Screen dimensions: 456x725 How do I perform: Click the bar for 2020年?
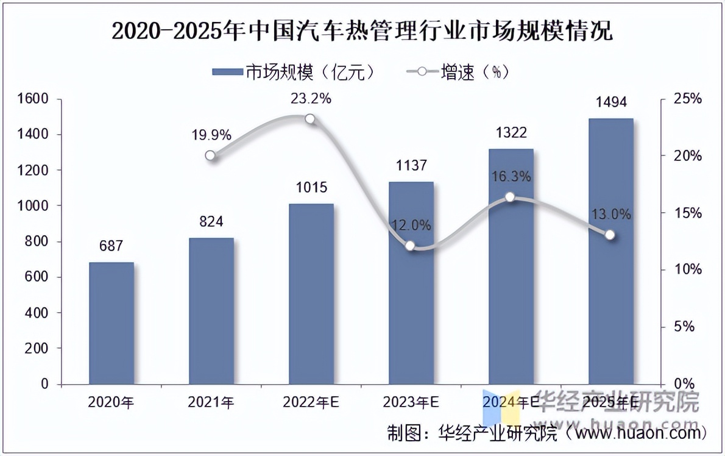[x=111, y=323]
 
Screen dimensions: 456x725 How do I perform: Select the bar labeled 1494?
[x=610, y=250]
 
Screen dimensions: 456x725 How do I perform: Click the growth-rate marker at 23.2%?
[x=310, y=119]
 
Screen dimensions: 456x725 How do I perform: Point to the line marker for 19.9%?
[x=210, y=155]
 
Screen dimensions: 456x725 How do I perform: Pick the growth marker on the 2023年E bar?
[x=410, y=246]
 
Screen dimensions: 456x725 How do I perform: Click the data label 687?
[x=111, y=246]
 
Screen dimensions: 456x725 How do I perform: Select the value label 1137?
[x=411, y=165]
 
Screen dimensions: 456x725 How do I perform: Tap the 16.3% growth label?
[x=511, y=177]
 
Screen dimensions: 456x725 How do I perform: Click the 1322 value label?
[x=511, y=133]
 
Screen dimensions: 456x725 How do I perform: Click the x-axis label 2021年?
[x=211, y=402]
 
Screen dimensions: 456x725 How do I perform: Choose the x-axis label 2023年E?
[x=411, y=402]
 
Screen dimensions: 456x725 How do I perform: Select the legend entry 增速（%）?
[x=457, y=72]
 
